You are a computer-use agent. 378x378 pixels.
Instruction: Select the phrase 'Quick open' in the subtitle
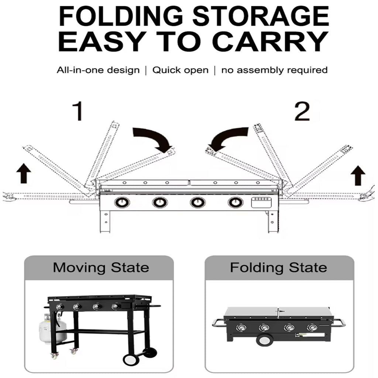[181, 70]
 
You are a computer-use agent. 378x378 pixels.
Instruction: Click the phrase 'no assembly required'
[274, 70]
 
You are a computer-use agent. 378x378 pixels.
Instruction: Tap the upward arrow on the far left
[24, 173]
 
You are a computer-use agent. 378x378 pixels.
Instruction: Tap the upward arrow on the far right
[358, 175]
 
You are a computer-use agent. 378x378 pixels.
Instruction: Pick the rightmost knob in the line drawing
[235, 202]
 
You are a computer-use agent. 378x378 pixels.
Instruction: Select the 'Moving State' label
[101, 267]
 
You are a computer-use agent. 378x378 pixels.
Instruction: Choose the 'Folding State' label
[278, 267]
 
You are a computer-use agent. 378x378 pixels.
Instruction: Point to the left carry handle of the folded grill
[218, 323]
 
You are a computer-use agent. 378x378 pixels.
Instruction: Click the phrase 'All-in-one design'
[98, 70]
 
